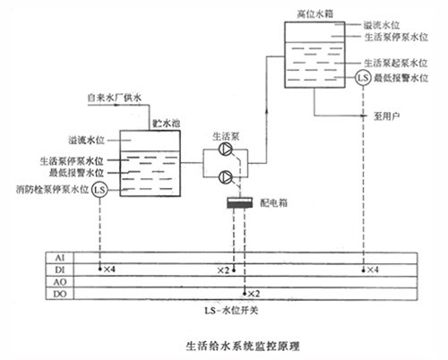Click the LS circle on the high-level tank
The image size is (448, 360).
pos(362,78)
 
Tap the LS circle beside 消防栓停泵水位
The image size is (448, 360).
pos(99,190)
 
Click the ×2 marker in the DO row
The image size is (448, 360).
pos(253,293)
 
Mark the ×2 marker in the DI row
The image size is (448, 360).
pos(225,269)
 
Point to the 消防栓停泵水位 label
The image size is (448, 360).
pos(52,190)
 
